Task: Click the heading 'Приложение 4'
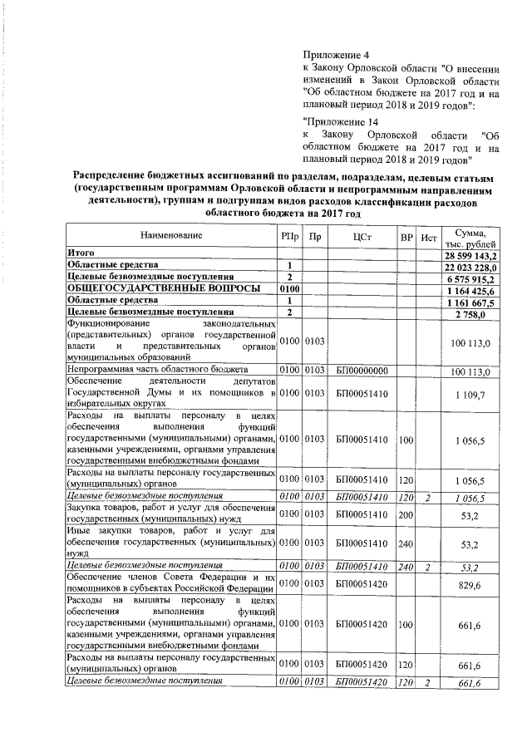point(337,55)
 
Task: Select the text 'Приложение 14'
point(340,121)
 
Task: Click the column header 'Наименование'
point(171,237)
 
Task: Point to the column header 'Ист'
point(429,238)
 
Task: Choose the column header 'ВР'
point(406,238)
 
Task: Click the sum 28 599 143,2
point(470,253)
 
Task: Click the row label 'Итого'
point(81,253)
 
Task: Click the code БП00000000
point(361,368)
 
